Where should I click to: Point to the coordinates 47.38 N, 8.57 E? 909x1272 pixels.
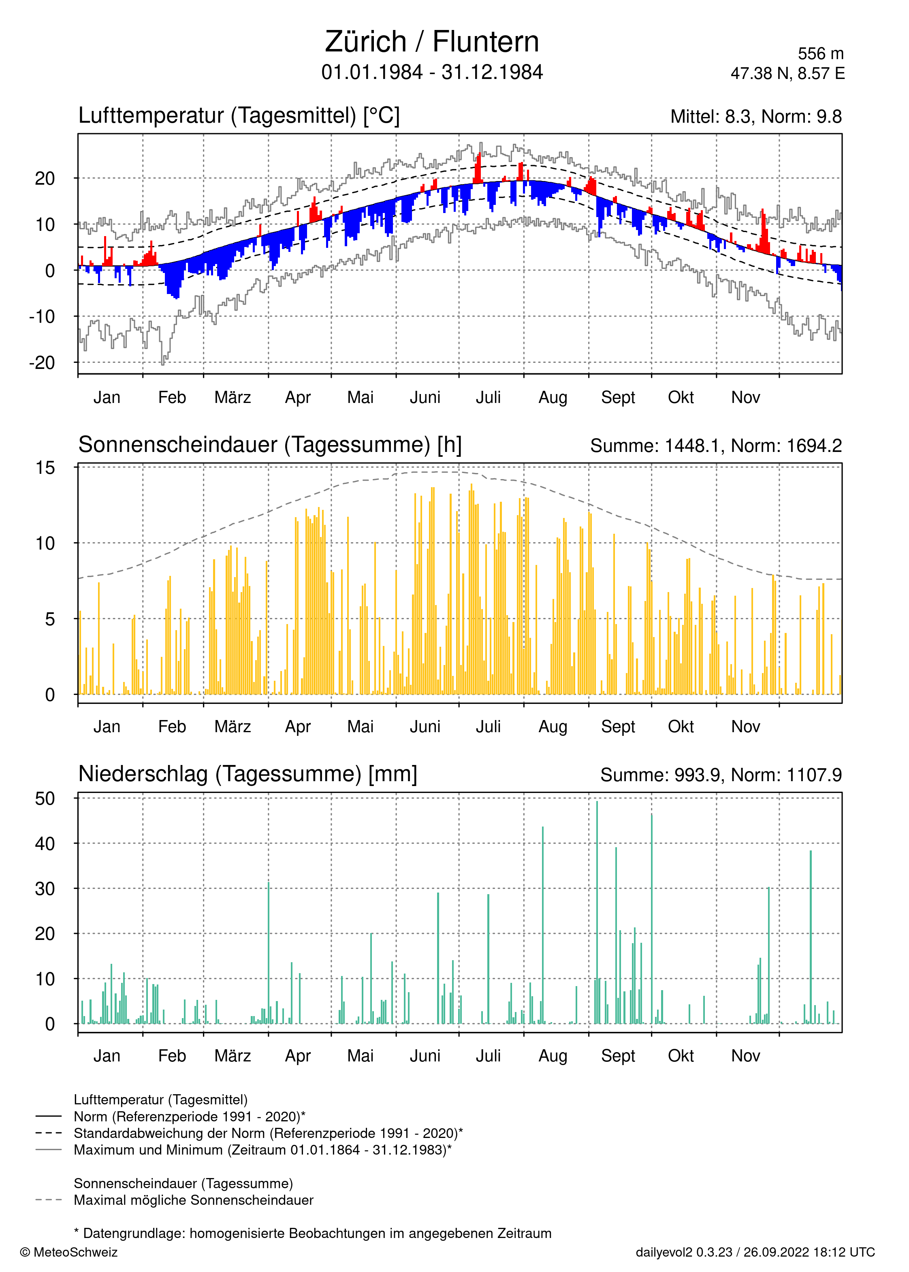(x=787, y=73)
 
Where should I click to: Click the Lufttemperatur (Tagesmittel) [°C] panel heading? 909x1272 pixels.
(x=239, y=115)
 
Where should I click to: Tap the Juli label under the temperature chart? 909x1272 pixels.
(x=488, y=397)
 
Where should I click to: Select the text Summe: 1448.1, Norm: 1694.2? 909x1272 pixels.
(x=715, y=445)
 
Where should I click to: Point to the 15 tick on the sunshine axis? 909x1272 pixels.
(x=46, y=468)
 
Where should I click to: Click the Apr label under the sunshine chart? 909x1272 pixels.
(x=298, y=727)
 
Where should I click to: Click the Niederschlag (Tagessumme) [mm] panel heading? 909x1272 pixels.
(x=248, y=773)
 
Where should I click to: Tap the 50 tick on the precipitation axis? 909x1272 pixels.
(x=45, y=799)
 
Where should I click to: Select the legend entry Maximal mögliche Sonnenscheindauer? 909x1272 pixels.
(x=193, y=1200)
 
